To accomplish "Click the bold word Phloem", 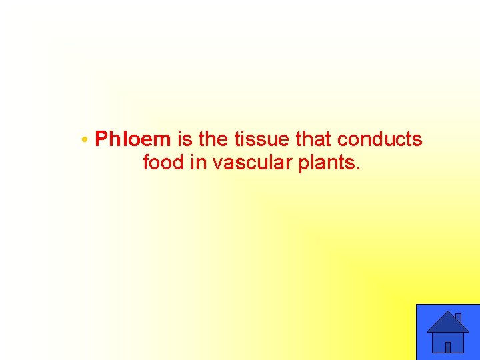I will (133, 139).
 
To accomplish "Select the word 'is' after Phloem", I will (184, 139).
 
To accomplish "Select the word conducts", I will (379, 139).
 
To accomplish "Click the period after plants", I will (358, 169).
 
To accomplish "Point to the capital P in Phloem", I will (102, 139).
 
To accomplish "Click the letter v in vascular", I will (217, 164).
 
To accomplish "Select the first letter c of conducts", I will (342, 140).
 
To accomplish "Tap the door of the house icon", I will (448, 347).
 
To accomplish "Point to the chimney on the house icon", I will (458, 318).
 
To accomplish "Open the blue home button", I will (447, 332).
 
